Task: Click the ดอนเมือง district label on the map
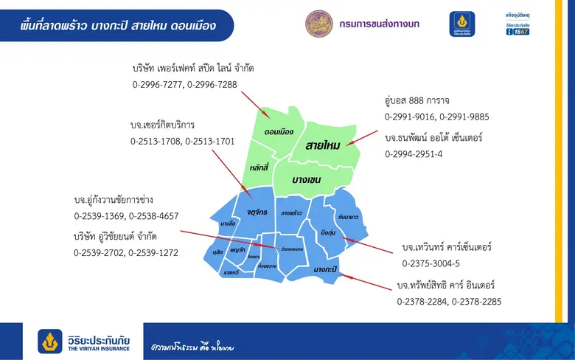point(279,132)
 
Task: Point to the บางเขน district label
point(309,180)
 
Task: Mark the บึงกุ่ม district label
point(329,233)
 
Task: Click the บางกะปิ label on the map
point(324,270)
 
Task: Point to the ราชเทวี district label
point(231,272)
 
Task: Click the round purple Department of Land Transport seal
point(318,24)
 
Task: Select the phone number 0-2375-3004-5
point(431,263)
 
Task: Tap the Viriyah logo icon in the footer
point(51,342)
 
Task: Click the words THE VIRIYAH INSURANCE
point(98,349)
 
